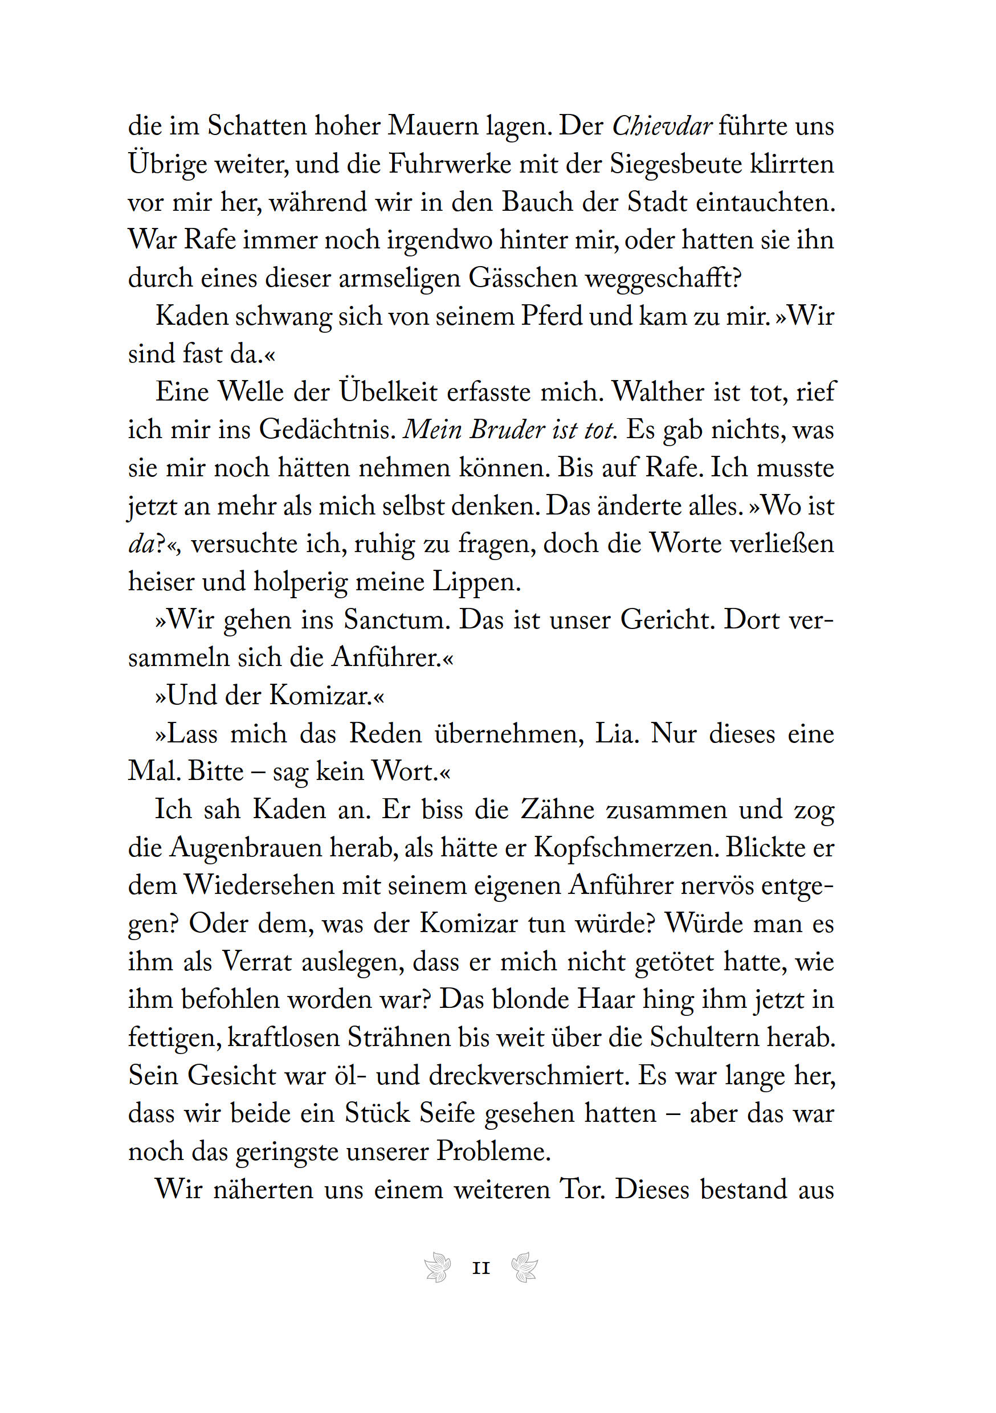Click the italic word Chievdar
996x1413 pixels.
tap(662, 126)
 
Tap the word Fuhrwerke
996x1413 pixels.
tap(451, 164)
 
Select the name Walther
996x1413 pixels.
tap(658, 392)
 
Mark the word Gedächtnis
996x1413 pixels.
tap(327, 430)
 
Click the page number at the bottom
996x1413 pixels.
tap(481, 1269)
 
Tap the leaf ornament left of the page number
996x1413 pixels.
tap(438, 1268)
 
